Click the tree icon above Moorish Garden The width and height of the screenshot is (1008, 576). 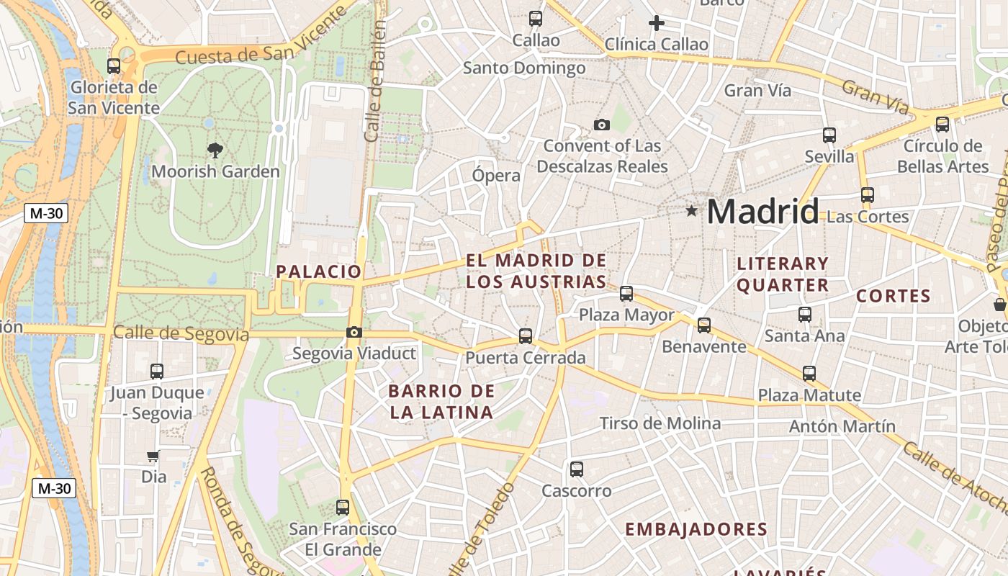[215, 150]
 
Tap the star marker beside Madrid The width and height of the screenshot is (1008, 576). [692, 211]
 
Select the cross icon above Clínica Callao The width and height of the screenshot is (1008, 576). [656, 23]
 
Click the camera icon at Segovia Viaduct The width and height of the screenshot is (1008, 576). [354, 332]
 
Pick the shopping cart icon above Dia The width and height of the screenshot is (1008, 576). [153, 455]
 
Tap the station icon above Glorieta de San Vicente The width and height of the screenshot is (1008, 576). [114, 66]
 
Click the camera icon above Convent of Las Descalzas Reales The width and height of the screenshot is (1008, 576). [602, 125]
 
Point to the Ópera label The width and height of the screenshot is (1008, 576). [496, 176]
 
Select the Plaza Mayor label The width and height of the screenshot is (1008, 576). [626, 315]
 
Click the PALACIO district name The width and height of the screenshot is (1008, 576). [319, 271]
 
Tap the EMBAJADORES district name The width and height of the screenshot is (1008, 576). [696, 529]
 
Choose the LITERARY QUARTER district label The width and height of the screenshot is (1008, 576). [783, 274]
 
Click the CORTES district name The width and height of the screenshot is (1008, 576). [893, 296]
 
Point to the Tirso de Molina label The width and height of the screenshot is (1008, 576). [660, 423]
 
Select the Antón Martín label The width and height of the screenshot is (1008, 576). [842, 426]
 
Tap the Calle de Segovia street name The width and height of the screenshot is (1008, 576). [181, 333]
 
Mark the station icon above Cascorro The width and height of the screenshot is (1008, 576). [576, 469]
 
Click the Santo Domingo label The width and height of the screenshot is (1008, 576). [524, 68]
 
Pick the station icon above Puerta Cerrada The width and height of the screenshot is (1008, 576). [526, 336]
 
